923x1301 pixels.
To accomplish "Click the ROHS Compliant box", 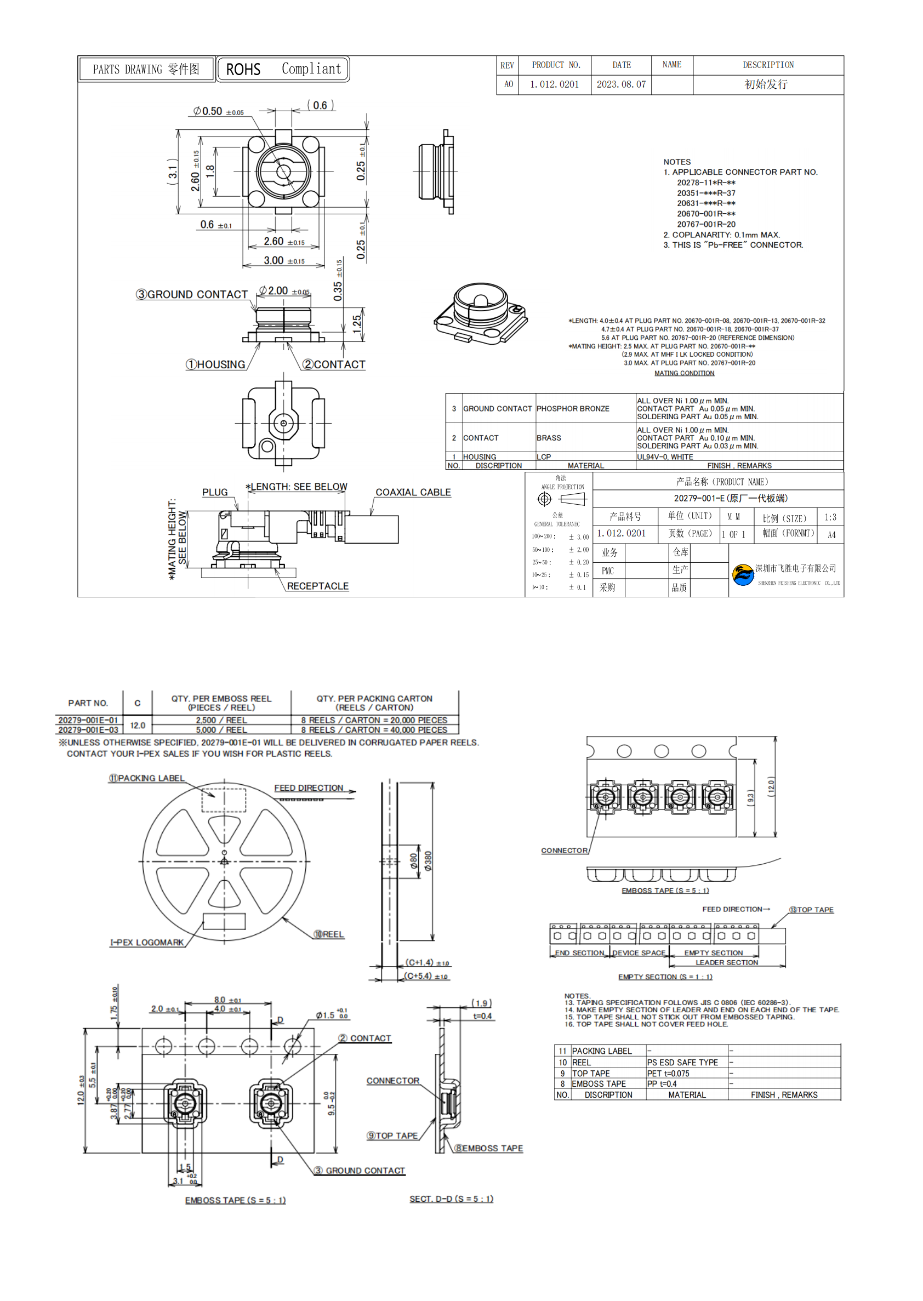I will (283, 69).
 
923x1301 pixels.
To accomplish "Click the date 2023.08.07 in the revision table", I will (620, 84).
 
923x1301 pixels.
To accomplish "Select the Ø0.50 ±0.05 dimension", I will (218, 111).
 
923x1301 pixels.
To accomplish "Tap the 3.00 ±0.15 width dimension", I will (283, 261).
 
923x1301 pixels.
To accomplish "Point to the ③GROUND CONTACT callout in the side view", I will (192, 294).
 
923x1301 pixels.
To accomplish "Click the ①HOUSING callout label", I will (216, 365).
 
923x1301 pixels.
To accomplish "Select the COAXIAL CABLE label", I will (413, 493).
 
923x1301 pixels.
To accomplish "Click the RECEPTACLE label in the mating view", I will (317, 586).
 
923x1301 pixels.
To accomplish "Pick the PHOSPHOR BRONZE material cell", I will (572, 409).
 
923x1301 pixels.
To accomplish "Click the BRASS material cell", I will (549, 438).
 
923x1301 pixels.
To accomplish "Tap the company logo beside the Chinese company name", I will (742, 575).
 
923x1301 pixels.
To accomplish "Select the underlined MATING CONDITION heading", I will (683, 373).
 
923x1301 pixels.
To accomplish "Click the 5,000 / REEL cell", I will (221, 730).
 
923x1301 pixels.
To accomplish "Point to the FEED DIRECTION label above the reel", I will (309, 788).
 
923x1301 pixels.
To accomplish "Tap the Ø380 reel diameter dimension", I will (428, 861).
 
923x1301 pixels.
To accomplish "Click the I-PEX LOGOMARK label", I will (147, 943).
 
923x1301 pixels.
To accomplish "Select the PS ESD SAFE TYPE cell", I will (682, 1063).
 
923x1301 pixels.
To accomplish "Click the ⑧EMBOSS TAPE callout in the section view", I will (488, 1148).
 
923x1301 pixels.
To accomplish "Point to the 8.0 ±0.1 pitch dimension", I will (227, 1000).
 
